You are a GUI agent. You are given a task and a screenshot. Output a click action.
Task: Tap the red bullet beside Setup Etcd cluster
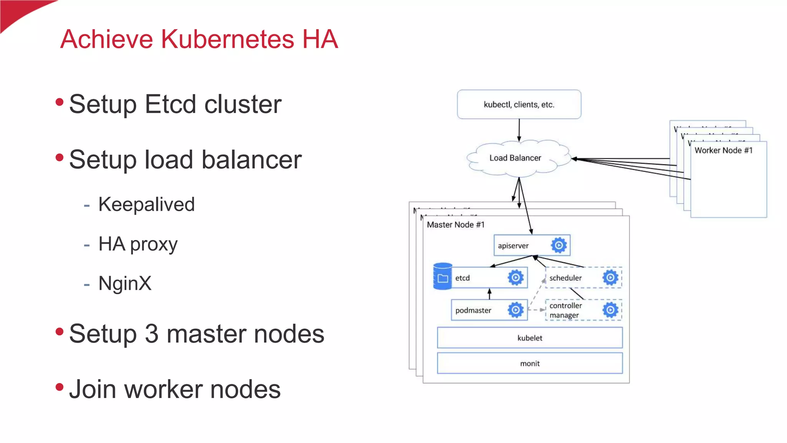coord(59,102)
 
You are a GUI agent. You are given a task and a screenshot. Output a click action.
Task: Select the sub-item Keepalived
coord(146,204)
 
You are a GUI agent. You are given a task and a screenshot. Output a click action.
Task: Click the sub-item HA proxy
coord(138,244)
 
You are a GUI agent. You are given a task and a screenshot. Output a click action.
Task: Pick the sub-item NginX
coord(125,283)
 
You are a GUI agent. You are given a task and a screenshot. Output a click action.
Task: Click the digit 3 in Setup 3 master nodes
coord(152,333)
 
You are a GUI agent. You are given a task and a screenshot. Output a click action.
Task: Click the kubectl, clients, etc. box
coord(519,105)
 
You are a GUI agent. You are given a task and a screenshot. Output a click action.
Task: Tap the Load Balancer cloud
coord(515,158)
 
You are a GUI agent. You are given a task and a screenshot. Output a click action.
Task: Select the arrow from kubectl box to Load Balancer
coord(519,130)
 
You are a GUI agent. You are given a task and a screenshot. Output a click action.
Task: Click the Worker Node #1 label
coord(723,150)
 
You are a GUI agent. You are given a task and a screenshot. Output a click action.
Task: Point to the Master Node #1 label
coord(455,225)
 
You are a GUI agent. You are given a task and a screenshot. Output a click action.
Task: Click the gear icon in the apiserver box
coord(559,245)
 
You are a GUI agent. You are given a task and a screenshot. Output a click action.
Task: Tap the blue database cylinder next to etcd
coord(442,276)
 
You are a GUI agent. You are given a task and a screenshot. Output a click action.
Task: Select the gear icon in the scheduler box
coord(610,278)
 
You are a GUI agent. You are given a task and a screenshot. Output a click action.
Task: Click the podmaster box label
coord(473,310)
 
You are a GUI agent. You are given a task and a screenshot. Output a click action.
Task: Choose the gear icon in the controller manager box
coord(610,310)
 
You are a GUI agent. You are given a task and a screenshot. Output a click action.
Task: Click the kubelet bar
coord(530,338)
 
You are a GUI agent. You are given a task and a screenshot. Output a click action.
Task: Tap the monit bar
coord(530,363)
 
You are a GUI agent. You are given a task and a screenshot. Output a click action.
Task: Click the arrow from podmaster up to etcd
coord(489,294)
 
